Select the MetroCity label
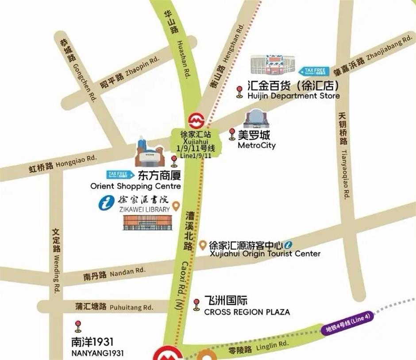click(256, 145)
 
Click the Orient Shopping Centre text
click(135, 186)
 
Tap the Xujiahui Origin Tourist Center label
click(264, 254)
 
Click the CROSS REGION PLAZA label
click(247, 312)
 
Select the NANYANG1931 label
click(97, 353)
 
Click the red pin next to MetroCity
click(232, 134)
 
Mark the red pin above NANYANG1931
click(78, 326)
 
